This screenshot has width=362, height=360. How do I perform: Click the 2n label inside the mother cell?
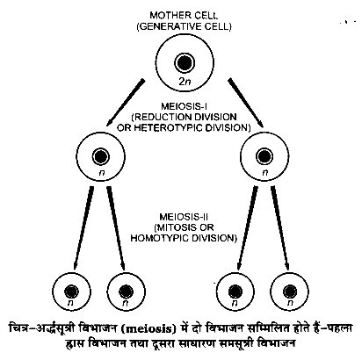click(x=185, y=81)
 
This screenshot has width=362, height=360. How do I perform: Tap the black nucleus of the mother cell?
click(x=185, y=63)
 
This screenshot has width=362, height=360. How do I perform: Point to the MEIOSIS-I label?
click(x=185, y=106)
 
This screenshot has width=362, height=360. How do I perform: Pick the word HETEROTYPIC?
click(x=165, y=128)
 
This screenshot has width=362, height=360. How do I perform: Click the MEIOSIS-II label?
click(x=184, y=217)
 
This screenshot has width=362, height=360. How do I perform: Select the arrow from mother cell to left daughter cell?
click(x=126, y=102)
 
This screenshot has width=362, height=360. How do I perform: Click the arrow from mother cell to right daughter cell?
click(x=246, y=103)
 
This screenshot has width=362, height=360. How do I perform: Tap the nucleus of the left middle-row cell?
click(x=101, y=156)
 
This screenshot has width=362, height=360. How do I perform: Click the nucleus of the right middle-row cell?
click(x=264, y=156)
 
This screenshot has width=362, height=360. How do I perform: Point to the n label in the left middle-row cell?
click(x=102, y=173)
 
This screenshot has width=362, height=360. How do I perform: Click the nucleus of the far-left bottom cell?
click(x=71, y=292)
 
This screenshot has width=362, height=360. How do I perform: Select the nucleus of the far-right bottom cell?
click(x=290, y=292)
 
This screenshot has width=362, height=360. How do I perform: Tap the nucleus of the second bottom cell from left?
click(x=127, y=292)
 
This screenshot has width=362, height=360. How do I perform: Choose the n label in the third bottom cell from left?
click(x=235, y=303)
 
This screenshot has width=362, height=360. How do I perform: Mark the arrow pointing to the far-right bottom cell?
click(x=281, y=228)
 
